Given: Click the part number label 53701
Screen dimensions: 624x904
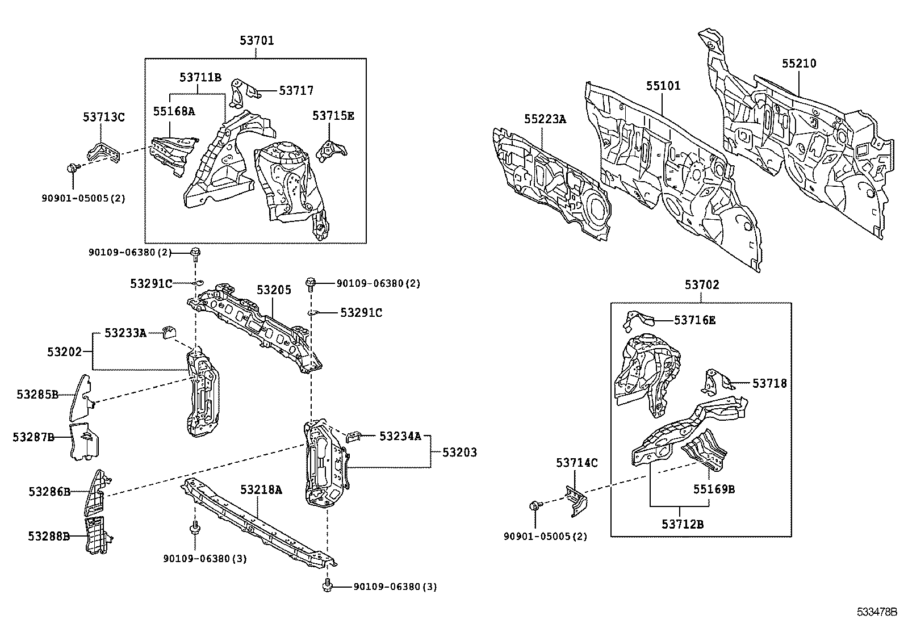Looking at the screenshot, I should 256,40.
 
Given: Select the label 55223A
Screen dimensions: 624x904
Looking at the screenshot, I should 545,119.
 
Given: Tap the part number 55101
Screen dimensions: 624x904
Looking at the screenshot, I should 663,86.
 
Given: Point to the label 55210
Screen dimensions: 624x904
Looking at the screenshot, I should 798,64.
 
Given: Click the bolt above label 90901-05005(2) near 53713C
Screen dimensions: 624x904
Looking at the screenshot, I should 72,168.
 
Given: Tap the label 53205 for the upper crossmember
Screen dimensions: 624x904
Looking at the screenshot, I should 273,290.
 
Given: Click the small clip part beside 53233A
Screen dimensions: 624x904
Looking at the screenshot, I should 169,332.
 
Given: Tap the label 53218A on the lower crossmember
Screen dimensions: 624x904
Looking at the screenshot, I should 261,489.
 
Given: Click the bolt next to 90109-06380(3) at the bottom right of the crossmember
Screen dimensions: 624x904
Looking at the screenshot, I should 327,585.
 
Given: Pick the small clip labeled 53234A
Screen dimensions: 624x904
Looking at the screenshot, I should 354,436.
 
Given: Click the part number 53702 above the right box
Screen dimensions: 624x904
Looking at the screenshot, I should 701,285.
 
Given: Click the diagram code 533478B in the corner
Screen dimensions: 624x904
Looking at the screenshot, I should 876,612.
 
